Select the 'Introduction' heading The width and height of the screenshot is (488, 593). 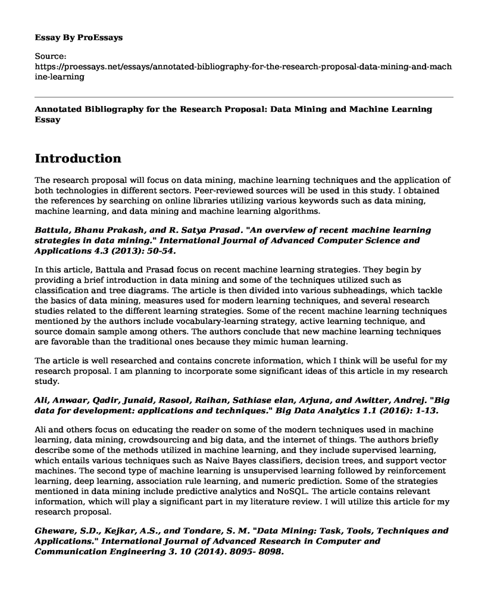78,159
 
